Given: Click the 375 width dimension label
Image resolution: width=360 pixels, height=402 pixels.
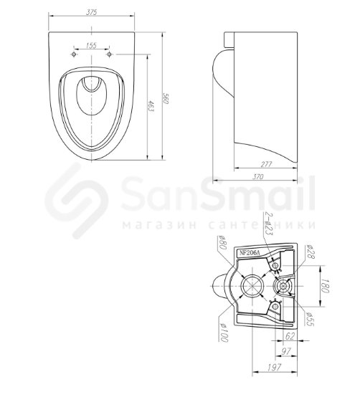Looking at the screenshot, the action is coord(91,12).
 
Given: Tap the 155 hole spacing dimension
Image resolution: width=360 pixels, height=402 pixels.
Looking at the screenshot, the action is coord(91,45).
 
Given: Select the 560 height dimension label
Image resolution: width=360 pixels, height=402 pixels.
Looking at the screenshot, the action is coord(166,98).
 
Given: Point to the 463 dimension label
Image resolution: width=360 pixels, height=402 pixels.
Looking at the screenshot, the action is coord(151,106).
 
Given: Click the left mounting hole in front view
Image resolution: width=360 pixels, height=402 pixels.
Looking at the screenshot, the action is coord(74,54).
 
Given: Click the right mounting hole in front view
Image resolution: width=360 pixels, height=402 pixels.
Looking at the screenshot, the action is coord(109,54).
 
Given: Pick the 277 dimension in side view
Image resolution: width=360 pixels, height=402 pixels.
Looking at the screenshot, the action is coord(266,164).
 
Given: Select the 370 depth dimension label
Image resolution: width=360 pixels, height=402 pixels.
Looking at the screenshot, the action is coord(258,177).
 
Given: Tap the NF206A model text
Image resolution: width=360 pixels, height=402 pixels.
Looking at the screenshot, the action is coord(250,253).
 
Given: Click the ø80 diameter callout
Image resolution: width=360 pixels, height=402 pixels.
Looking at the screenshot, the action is coord(222,242).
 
